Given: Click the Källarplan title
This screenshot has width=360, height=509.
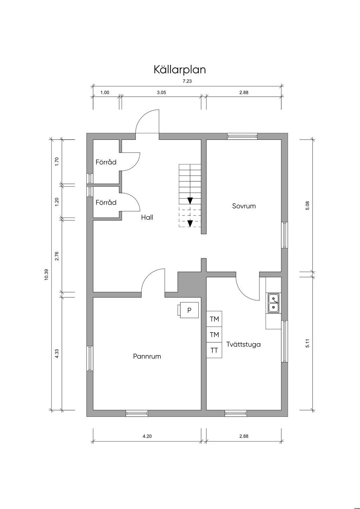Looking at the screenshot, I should click(x=180, y=70).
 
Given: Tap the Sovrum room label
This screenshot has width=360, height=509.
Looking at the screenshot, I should click(x=244, y=206).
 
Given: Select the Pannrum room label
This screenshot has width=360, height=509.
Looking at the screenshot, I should click(x=147, y=356).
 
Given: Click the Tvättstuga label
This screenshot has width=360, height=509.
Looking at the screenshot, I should click(x=244, y=344).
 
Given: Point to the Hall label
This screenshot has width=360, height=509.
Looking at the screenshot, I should click(x=147, y=218).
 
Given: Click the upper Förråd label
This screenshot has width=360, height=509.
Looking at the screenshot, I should click(x=106, y=162).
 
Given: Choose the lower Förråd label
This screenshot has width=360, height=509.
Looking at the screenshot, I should click(x=106, y=203).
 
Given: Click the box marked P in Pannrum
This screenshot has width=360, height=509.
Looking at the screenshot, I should click(x=189, y=310).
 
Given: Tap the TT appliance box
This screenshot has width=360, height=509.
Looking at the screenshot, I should click(x=214, y=350).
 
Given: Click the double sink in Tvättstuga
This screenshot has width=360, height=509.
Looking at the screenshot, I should click(x=274, y=303).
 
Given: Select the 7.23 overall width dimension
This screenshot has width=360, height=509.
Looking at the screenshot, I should click(x=187, y=81).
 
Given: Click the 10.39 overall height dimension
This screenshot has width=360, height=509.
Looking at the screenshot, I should click(x=46, y=275).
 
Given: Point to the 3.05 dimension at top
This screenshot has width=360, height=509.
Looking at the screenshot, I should click(x=161, y=93).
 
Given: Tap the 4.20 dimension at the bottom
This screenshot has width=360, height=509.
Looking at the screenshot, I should click(x=147, y=436).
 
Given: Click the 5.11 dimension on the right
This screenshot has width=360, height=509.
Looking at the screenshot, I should click(x=308, y=343).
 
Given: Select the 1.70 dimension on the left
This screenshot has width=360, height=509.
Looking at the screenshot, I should click(x=57, y=161).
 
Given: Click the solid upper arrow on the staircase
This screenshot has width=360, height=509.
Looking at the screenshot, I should click(x=190, y=201).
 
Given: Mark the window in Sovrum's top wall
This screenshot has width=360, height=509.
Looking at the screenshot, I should click(x=242, y=136).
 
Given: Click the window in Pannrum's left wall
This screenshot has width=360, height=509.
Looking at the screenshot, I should click(x=90, y=358).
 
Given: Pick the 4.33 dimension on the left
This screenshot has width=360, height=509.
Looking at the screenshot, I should click(x=57, y=354).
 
